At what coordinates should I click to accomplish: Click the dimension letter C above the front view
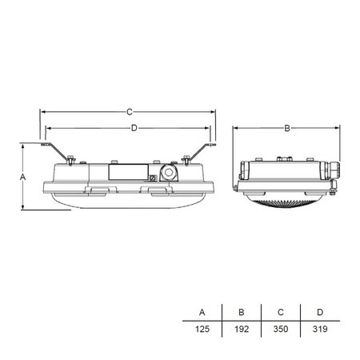click(x=129, y=111)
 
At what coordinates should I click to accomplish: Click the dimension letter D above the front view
click(x=134, y=127)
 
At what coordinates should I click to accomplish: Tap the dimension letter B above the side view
click(x=286, y=127)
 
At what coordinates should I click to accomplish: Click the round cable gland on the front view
click(x=169, y=174)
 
